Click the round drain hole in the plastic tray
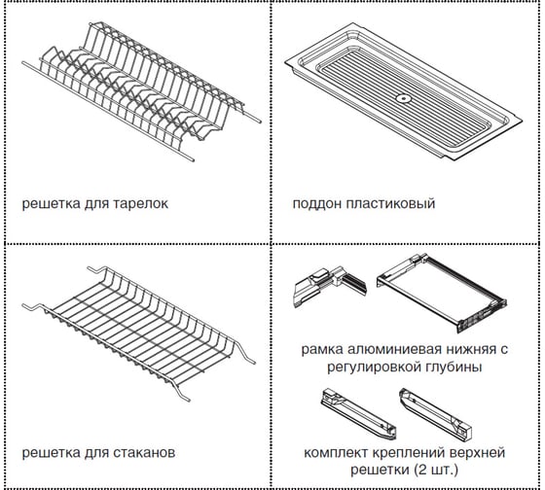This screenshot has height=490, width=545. [x=404, y=98]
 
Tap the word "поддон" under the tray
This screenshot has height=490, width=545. [x=316, y=204]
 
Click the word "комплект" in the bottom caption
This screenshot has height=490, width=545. [x=336, y=453]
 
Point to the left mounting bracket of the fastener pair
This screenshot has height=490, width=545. [x=358, y=413]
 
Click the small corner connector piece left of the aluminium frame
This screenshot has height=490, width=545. [x=329, y=287]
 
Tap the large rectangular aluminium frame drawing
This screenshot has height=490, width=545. [x=442, y=293]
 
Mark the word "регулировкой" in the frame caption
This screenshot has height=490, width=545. [x=375, y=367]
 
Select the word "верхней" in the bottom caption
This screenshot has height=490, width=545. [x=477, y=453]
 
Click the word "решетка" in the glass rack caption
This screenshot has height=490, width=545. [x=51, y=453]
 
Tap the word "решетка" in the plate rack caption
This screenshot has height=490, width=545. [x=51, y=204]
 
